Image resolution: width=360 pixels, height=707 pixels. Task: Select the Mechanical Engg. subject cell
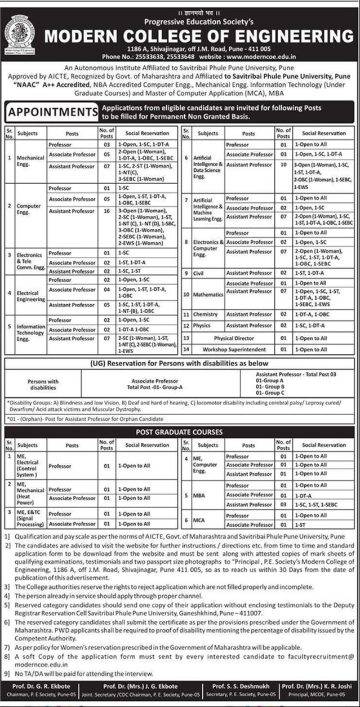click(30, 161)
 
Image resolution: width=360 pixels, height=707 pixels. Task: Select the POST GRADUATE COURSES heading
click(180, 432)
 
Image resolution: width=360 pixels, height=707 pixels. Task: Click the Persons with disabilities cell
click(43, 385)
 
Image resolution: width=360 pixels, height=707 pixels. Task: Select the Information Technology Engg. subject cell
click(30, 330)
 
